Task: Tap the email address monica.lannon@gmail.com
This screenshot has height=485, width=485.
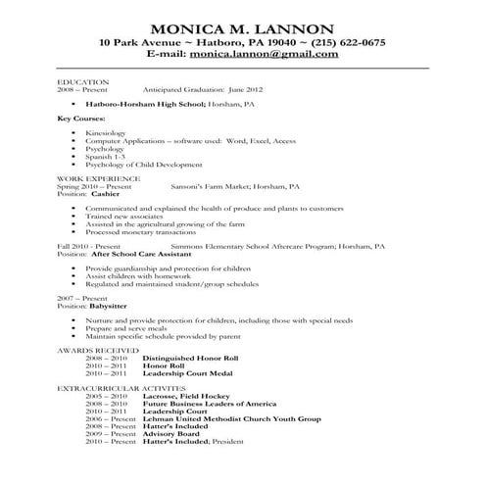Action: tap(283, 55)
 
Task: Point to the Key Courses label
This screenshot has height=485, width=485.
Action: tap(80, 118)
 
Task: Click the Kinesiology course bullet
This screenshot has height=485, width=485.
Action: tap(107, 131)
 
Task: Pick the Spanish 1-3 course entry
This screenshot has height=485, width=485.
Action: tap(104, 158)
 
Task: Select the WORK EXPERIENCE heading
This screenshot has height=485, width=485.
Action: tap(98, 178)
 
